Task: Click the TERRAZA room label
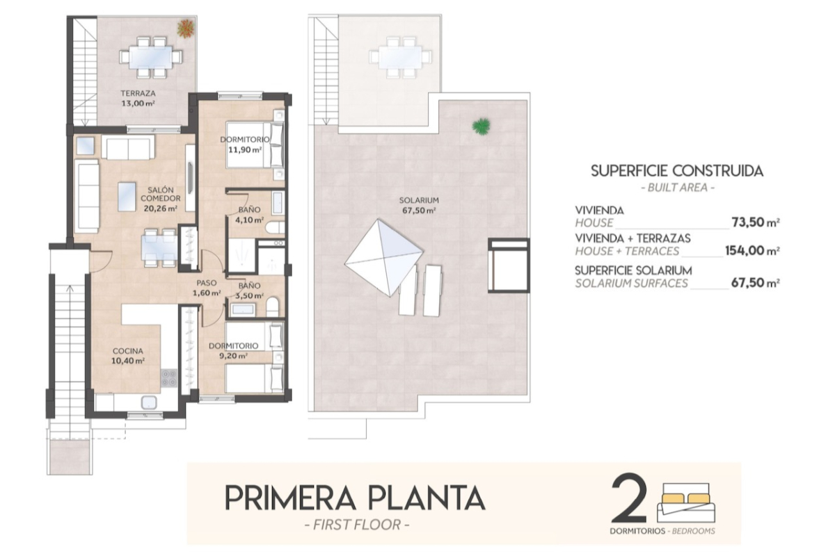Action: coord(138,93)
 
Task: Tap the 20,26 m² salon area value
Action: coord(160,208)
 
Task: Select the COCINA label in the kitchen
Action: coord(128,351)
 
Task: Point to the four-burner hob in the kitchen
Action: coord(169,377)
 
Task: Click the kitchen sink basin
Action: coord(149,402)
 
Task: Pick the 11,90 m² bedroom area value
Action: coord(245,149)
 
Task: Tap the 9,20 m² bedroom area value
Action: coord(233,356)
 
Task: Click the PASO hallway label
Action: coord(207,283)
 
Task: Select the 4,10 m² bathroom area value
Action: coord(249,220)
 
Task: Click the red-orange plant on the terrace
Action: coord(185,28)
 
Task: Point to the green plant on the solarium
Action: coord(482,126)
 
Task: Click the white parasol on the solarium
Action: coord(384,258)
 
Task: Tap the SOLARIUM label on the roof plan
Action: coord(419,200)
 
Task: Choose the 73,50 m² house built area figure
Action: coord(756,222)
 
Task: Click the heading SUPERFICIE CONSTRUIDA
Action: coord(677,171)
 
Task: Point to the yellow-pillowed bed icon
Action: coord(686,502)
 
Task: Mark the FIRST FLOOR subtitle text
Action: coord(357,525)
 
